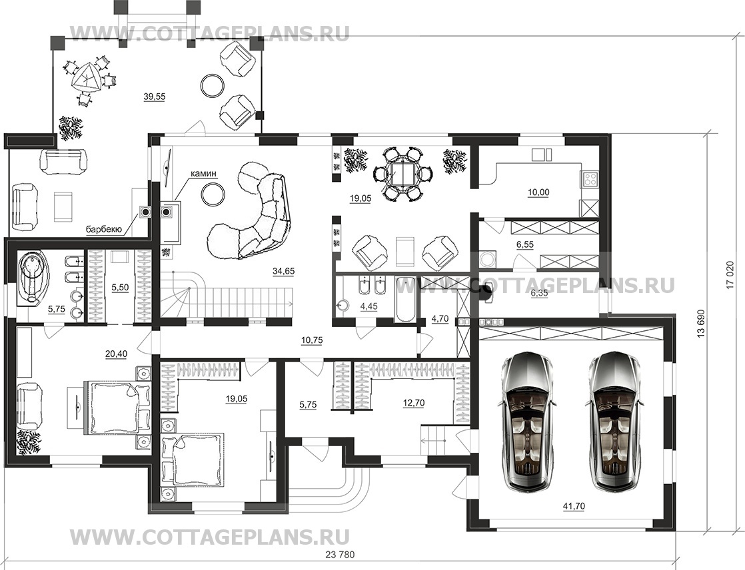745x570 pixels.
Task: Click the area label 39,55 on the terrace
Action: (155, 97)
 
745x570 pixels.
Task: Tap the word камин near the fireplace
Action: (203, 174)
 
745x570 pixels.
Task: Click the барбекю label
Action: (105, 230)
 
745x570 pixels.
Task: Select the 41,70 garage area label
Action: (574, 506)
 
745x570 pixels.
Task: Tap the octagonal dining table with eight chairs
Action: (403, 174)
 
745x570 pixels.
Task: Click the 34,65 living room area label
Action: (284, 272)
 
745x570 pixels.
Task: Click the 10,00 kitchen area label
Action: (538, 192)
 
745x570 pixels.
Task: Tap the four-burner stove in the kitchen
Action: (590, 179)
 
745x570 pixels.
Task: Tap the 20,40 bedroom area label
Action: (116, 354)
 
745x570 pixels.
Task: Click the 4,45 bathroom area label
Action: (369, 306)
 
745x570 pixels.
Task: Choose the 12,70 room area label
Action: (413, 404)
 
